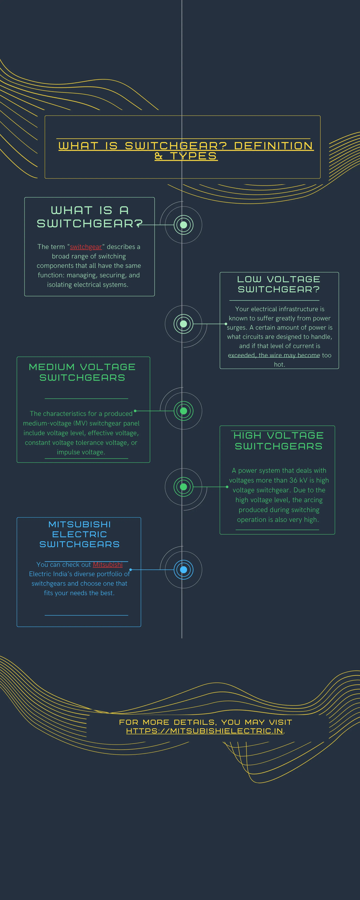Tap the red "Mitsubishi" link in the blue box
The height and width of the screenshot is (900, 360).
pyautogui.click(x=108, y=565)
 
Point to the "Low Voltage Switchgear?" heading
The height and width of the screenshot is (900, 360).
pyautogui.click(x=279, y=284)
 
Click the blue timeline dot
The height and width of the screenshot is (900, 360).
pyautogui.click(x=184, y=570)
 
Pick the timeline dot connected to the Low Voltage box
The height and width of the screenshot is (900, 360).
pyautogui.click(x=184, y=324)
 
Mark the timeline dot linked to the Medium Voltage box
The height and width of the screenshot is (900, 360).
pyautogui.click(x=184, y=411)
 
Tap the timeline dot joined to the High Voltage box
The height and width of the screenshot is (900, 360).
pyautogui.click(x=184, y=487)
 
